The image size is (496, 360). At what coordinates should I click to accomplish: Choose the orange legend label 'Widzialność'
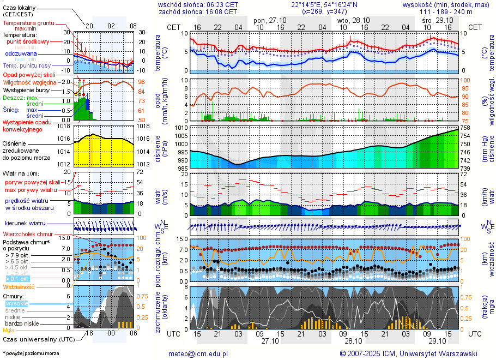coord(19,286)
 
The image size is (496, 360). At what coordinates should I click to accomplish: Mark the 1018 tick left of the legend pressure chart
coord(65,126)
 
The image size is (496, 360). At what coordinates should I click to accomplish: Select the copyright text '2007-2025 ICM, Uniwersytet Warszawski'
coord(413,353)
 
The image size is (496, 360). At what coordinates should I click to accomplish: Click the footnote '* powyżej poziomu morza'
coord(31,353)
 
